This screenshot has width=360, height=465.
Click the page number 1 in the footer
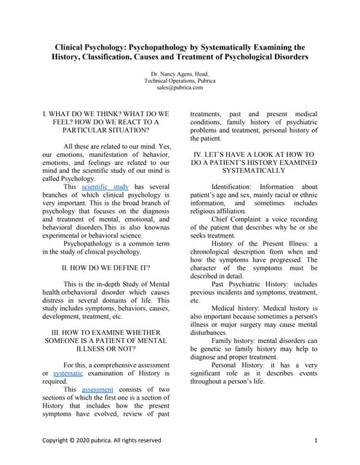click(316, 440)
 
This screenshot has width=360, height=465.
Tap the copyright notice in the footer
click(101, 440)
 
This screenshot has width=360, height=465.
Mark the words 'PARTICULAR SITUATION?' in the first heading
click(107, 132)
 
